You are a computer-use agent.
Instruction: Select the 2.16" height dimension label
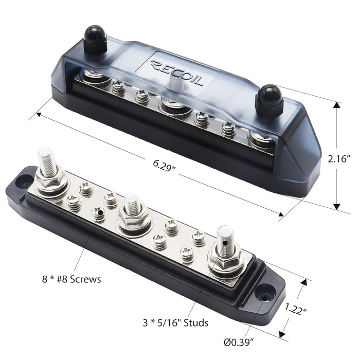tap(340, 160)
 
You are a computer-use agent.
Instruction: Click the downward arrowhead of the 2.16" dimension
tap(337, 205)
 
